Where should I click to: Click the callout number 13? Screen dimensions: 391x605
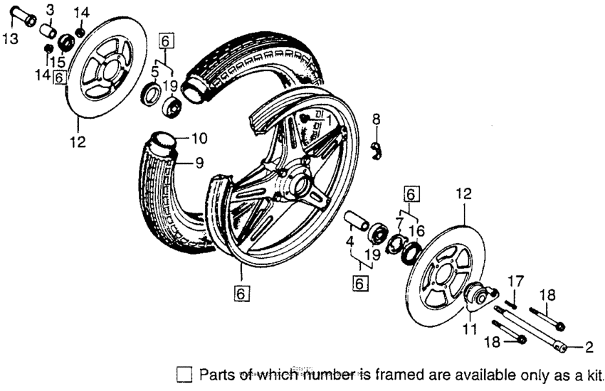click(11, 38)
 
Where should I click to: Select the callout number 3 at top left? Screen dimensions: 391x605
click(50, 9)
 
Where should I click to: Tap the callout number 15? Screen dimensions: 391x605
click(57, 62)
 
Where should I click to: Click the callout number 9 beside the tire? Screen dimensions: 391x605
click(199, 162)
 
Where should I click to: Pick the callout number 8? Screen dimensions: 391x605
click(376, 119)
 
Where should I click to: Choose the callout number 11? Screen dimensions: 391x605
click(470, 329)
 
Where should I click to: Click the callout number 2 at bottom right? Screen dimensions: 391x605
click(589, 348)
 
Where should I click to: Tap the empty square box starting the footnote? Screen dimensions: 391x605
click(184, 374)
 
